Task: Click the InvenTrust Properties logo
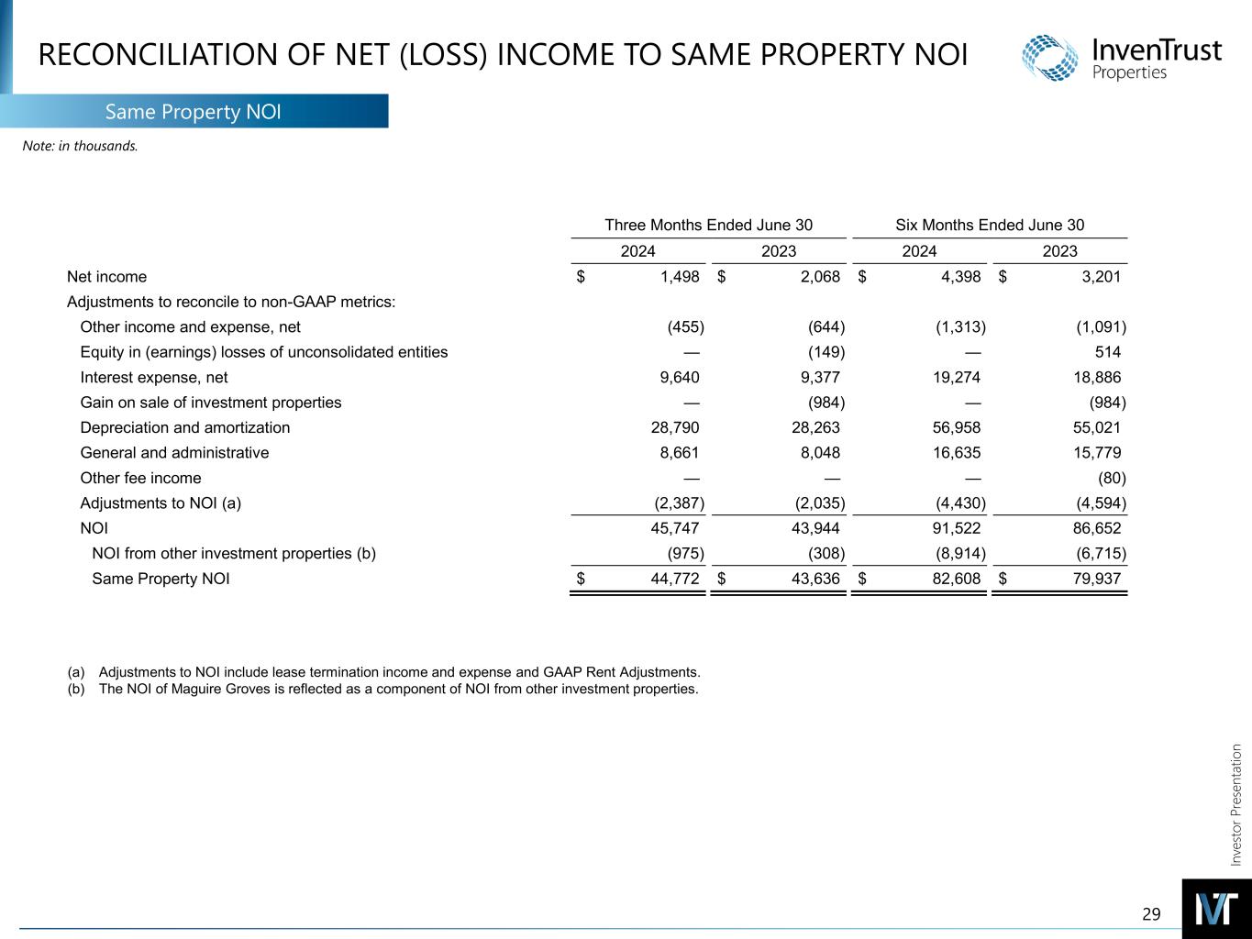pos(1121,57)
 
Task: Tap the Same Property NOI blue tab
pos(193,112)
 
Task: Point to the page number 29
pos(1151,913)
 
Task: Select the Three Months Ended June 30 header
pos(708,226)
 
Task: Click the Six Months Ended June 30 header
pos(990,226)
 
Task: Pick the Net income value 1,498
pos(680,277)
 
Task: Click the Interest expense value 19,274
pos(956,377)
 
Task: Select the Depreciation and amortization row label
pos(185,427)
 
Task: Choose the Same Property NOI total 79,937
pos(1096,579)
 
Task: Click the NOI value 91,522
pos(956,528)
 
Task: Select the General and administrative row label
pos(175,452)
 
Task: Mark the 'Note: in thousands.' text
pos(80,145)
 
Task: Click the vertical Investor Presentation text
pos(1235,805)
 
